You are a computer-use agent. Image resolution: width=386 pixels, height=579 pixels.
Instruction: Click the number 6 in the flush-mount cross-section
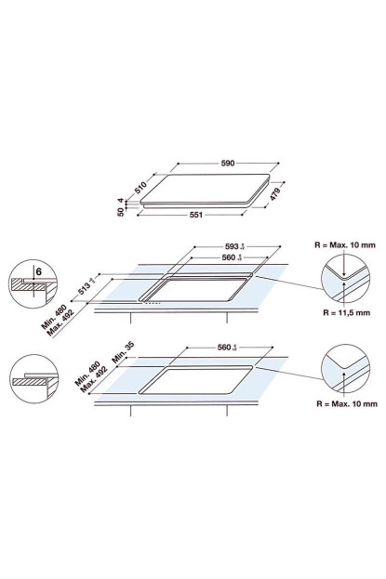point(36,271)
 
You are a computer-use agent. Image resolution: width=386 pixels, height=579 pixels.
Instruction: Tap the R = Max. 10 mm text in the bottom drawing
point(346,405)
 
